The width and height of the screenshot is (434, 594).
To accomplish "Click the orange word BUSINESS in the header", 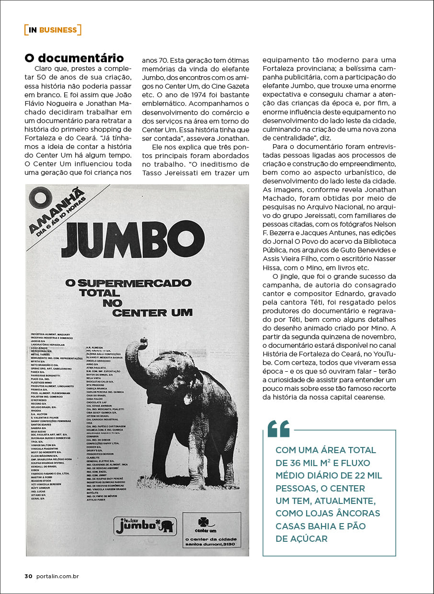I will tap(58, 30).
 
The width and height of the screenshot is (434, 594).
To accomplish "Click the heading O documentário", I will tap(74, 58).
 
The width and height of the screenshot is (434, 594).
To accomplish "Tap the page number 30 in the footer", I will tap(28, 576).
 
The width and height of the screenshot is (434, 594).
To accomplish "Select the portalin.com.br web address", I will tap(57, 576).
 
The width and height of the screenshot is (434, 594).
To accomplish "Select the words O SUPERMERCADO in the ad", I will tap(128, 283).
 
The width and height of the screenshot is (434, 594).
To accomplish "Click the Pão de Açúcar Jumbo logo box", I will tap(145, 526).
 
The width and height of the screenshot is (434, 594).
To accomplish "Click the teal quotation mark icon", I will tap(279, 429).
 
